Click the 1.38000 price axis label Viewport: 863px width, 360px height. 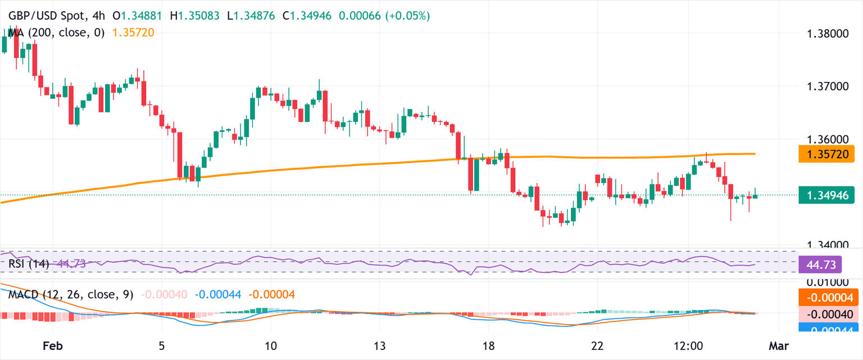click(x=828, y=34)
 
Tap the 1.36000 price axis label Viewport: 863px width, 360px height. click(x=828, y=139)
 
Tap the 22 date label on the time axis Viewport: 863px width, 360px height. click(x=598, y=345)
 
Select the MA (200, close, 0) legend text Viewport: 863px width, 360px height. click(x=56, y=33)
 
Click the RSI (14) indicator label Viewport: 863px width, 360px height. click(x=29, y=263)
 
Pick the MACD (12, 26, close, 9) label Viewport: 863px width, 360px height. click(x=71, y=294)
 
